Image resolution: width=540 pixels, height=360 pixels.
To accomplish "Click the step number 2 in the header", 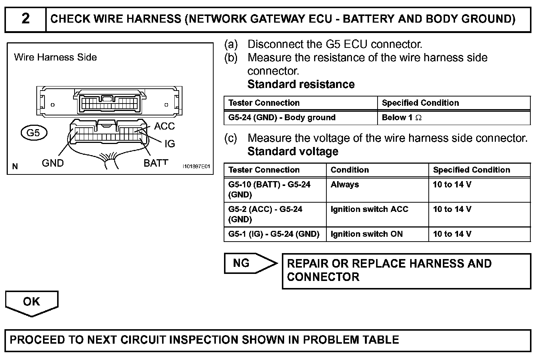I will point(25,19).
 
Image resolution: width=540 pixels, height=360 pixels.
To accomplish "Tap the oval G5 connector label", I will point(34,133).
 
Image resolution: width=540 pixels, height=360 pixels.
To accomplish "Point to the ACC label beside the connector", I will point(164,126).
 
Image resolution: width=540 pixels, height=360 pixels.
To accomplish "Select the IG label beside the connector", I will point(169,144).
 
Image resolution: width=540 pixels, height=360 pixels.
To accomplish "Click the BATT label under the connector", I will point(156,163).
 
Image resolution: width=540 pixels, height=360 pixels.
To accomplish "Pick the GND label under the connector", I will point(53,163).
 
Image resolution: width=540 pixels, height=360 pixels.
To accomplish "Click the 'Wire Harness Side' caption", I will point(55,57).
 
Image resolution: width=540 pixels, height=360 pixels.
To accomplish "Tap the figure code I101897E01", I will point(196,167).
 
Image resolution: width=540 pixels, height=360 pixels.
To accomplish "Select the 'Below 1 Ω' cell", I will point(402,118).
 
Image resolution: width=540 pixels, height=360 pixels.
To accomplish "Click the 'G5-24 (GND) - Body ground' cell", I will point(282,118).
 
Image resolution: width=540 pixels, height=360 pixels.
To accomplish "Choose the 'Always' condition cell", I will point(345,184).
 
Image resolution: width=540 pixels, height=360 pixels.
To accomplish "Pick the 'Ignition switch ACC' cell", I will point(369,209).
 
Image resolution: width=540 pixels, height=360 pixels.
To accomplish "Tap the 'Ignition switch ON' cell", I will point(367,234).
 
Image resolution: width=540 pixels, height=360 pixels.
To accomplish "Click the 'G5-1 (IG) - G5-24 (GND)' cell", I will point(274,234).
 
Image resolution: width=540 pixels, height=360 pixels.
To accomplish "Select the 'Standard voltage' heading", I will point(293,151).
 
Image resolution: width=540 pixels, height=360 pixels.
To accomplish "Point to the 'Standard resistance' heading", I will point(301,84).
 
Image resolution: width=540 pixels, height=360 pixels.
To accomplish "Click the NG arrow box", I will point(248,264).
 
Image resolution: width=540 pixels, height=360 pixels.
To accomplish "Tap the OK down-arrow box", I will point(32,302).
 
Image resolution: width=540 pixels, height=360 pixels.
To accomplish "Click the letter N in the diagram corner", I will point(15,167).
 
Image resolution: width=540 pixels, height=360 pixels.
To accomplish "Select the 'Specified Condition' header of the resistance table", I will point(420,103).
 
